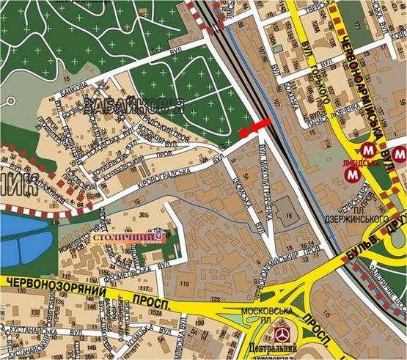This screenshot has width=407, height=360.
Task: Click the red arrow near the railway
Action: tap(260, 126)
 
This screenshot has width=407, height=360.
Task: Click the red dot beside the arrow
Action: tap(243, 132)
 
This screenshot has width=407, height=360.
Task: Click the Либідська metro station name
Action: tap(354, 163)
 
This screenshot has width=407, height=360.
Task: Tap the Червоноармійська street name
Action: tap(362, 88)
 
